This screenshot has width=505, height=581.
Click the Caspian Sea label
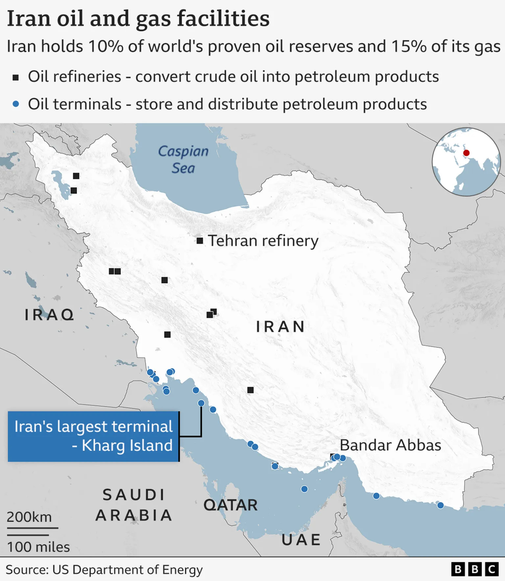pyautogui.click(x=183, y=160)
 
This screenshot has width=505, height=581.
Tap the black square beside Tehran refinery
pyautogui.click(x=200, y=241)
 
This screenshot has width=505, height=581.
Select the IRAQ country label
pyautogui.click(x=49, y=315)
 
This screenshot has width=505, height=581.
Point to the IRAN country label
pyautogui.click(x=280, y=327)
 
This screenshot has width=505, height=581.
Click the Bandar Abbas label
pyautogui.click(x=390, y=445)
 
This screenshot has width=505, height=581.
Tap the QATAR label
pyautogui.click(x=230, y=505)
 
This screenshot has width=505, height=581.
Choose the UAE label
pyautogui.click(x=301, y=540)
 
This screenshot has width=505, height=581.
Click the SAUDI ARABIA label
pyautogui.click(x=134, y=505)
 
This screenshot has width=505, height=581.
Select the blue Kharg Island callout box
pyautogui.click(x=93, y=436)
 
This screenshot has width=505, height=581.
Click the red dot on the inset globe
pyautogui.click(x=466, y=153)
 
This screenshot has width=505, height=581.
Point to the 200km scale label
pyautogui.click(x=29, y=517)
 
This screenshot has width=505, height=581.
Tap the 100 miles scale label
pyautogui.click(x=38, y=547)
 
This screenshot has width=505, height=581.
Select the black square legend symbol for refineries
pyautogui.click(x=15, y=78)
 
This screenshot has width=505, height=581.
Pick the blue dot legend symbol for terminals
pyautogui.click(x=15, y=104)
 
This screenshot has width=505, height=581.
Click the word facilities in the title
pyautogui.click(x=223, y=19)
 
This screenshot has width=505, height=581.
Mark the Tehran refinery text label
pyautogui.click(x=263, y=241)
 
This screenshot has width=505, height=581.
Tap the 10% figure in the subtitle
pyautogui.click(x=106, y=46)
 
